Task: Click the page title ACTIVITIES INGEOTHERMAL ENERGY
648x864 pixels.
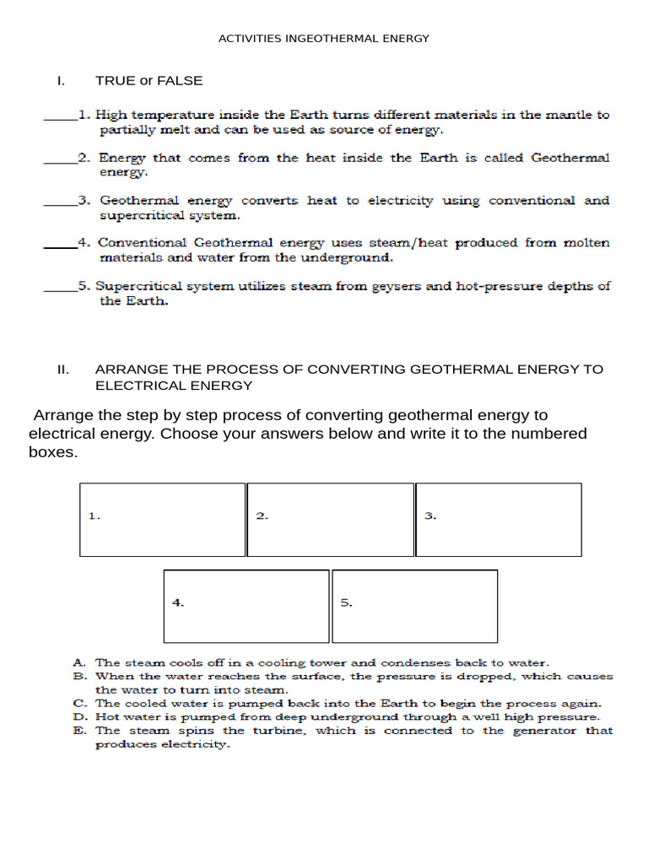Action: tap(324, 38)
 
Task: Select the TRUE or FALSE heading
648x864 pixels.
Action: tap(148, 81)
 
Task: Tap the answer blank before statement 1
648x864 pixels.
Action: tap(59, 116)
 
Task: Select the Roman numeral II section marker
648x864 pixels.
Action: tap(62, 370)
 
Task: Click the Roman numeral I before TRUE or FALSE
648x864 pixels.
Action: tap(60, 81)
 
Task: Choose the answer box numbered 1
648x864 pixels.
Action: tap(163, 520)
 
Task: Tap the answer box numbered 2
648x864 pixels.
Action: tap(330, 520)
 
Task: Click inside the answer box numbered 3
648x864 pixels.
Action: tap(498, 520)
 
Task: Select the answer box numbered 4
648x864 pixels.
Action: tap(246, 606)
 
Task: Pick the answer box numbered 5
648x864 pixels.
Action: tap(414, 606)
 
